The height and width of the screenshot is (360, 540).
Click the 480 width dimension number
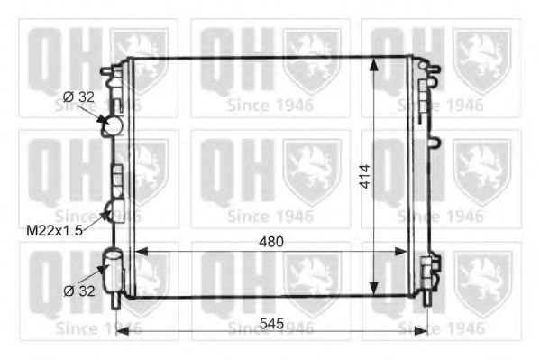tap(271, 242)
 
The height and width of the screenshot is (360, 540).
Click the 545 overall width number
tap(271, 323)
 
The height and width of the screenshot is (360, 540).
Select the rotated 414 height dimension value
tap(365, 177)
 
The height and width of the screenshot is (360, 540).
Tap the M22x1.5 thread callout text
tap(54, 231)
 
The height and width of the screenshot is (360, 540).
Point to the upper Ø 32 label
tap(78, 97)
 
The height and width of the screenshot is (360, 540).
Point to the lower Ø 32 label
tap(78, 291)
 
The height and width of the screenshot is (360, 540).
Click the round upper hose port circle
tap(114, 125)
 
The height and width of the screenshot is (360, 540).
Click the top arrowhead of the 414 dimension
tap(373, 65)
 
